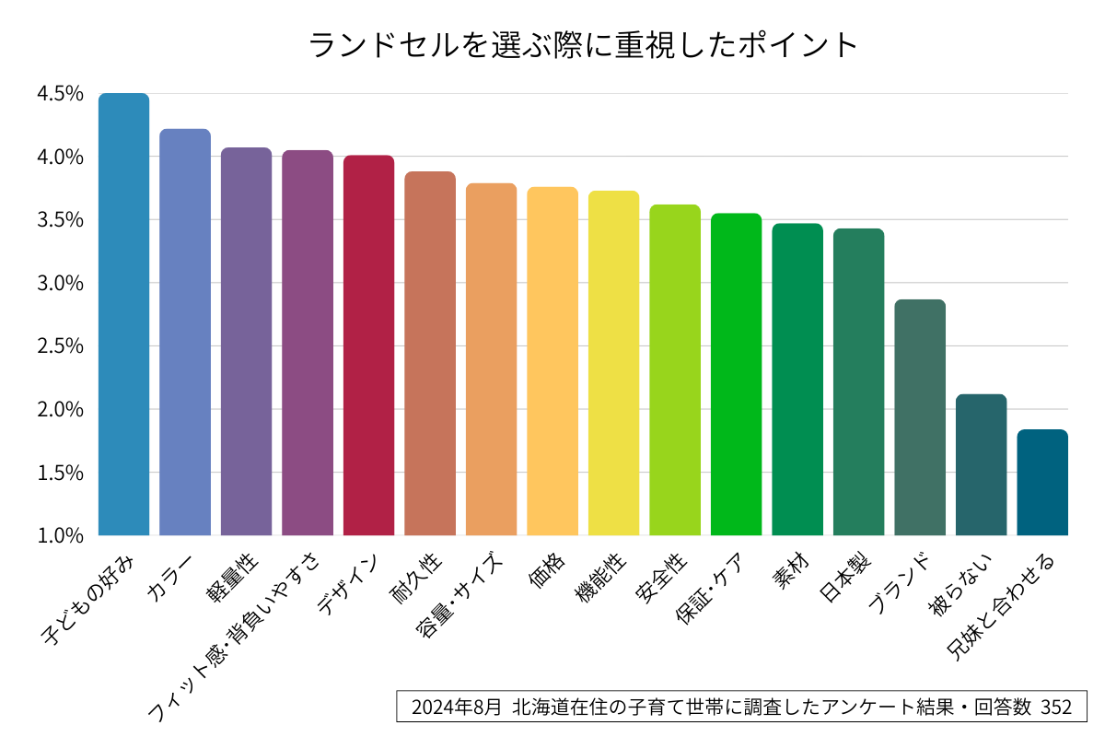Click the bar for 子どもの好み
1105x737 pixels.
[123, 313]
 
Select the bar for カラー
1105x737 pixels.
[185, 332]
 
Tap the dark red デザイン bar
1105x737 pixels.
[368, 345]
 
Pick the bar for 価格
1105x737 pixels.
[552, 361]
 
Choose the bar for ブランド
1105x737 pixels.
[920, 417]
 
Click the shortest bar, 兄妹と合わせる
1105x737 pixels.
[1042, 482]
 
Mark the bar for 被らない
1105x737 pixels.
[981, 464]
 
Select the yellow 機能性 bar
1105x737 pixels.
[613, 363]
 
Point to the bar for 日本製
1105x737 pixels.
[858, 381]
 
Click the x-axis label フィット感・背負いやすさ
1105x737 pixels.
[236, 636]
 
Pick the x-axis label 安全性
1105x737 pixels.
[662, 577]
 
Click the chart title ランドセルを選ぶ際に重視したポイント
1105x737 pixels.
[583, 44]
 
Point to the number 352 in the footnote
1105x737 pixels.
[1056, 708]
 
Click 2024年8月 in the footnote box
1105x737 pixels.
[456, 708]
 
